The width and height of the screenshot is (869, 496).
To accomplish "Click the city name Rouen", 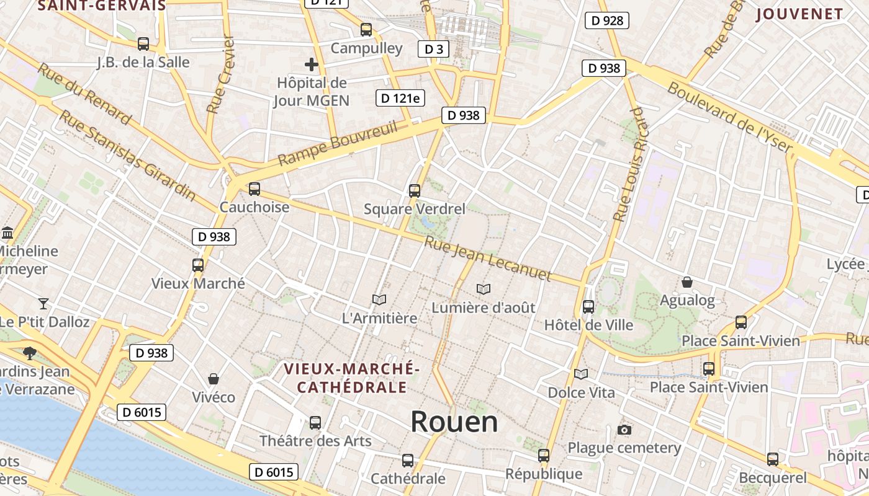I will click(454, 422).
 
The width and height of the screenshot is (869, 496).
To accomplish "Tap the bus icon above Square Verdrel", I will click(415, 191).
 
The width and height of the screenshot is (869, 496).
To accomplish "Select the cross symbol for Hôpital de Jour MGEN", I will click(312, 64).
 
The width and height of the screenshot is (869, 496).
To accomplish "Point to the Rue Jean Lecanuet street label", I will click(488, 259).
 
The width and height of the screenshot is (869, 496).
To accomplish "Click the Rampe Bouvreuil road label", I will click(337, 144).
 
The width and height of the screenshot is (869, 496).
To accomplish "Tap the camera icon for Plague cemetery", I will click(624, 430).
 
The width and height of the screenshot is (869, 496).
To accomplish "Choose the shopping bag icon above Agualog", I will click(687, 282).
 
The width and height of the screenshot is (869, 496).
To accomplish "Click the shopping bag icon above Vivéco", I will click(214, 378).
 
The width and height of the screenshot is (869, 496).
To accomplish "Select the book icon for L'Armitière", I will click(379, 299).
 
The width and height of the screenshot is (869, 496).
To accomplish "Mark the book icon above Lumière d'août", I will click(483, 289).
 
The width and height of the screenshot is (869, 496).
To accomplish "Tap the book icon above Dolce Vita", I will click(581, 374).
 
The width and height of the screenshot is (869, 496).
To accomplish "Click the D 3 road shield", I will click(433, 49).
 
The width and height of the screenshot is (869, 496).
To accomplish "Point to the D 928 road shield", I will click(607, 20).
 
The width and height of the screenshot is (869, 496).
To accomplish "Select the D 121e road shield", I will click(400, 98).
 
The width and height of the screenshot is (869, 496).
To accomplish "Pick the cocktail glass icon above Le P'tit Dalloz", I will click(43, 303).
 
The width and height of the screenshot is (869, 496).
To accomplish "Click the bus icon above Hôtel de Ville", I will click(588, 306).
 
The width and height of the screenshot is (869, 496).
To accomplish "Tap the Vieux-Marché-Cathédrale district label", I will click(352, 378).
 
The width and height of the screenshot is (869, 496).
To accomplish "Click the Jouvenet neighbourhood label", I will click(800, 14).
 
